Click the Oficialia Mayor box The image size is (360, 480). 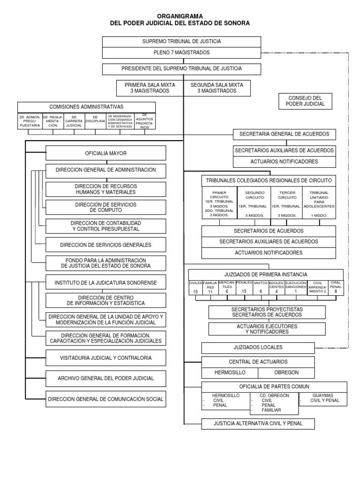click(105, 153)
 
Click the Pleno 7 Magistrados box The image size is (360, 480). click(182, 52)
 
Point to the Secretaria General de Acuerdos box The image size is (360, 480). click(285, 135)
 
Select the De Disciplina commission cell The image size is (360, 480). click(95, 120)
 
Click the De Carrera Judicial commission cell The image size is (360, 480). click(74, 120)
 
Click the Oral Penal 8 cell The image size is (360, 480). click(336, 287)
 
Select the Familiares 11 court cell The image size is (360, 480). click(210, 287)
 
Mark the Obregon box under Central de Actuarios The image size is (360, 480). click(286, 373)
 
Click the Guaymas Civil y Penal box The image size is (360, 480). click(322, 398)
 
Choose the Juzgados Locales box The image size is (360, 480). click(258, 348)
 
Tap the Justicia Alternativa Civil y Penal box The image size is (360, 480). click(258, 424)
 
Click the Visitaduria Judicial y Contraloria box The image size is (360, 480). click(105, 358)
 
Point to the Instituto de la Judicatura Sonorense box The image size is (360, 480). click(105, 283)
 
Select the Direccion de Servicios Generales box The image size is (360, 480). click(105, 245)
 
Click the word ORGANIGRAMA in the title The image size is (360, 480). click(180, 15)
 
